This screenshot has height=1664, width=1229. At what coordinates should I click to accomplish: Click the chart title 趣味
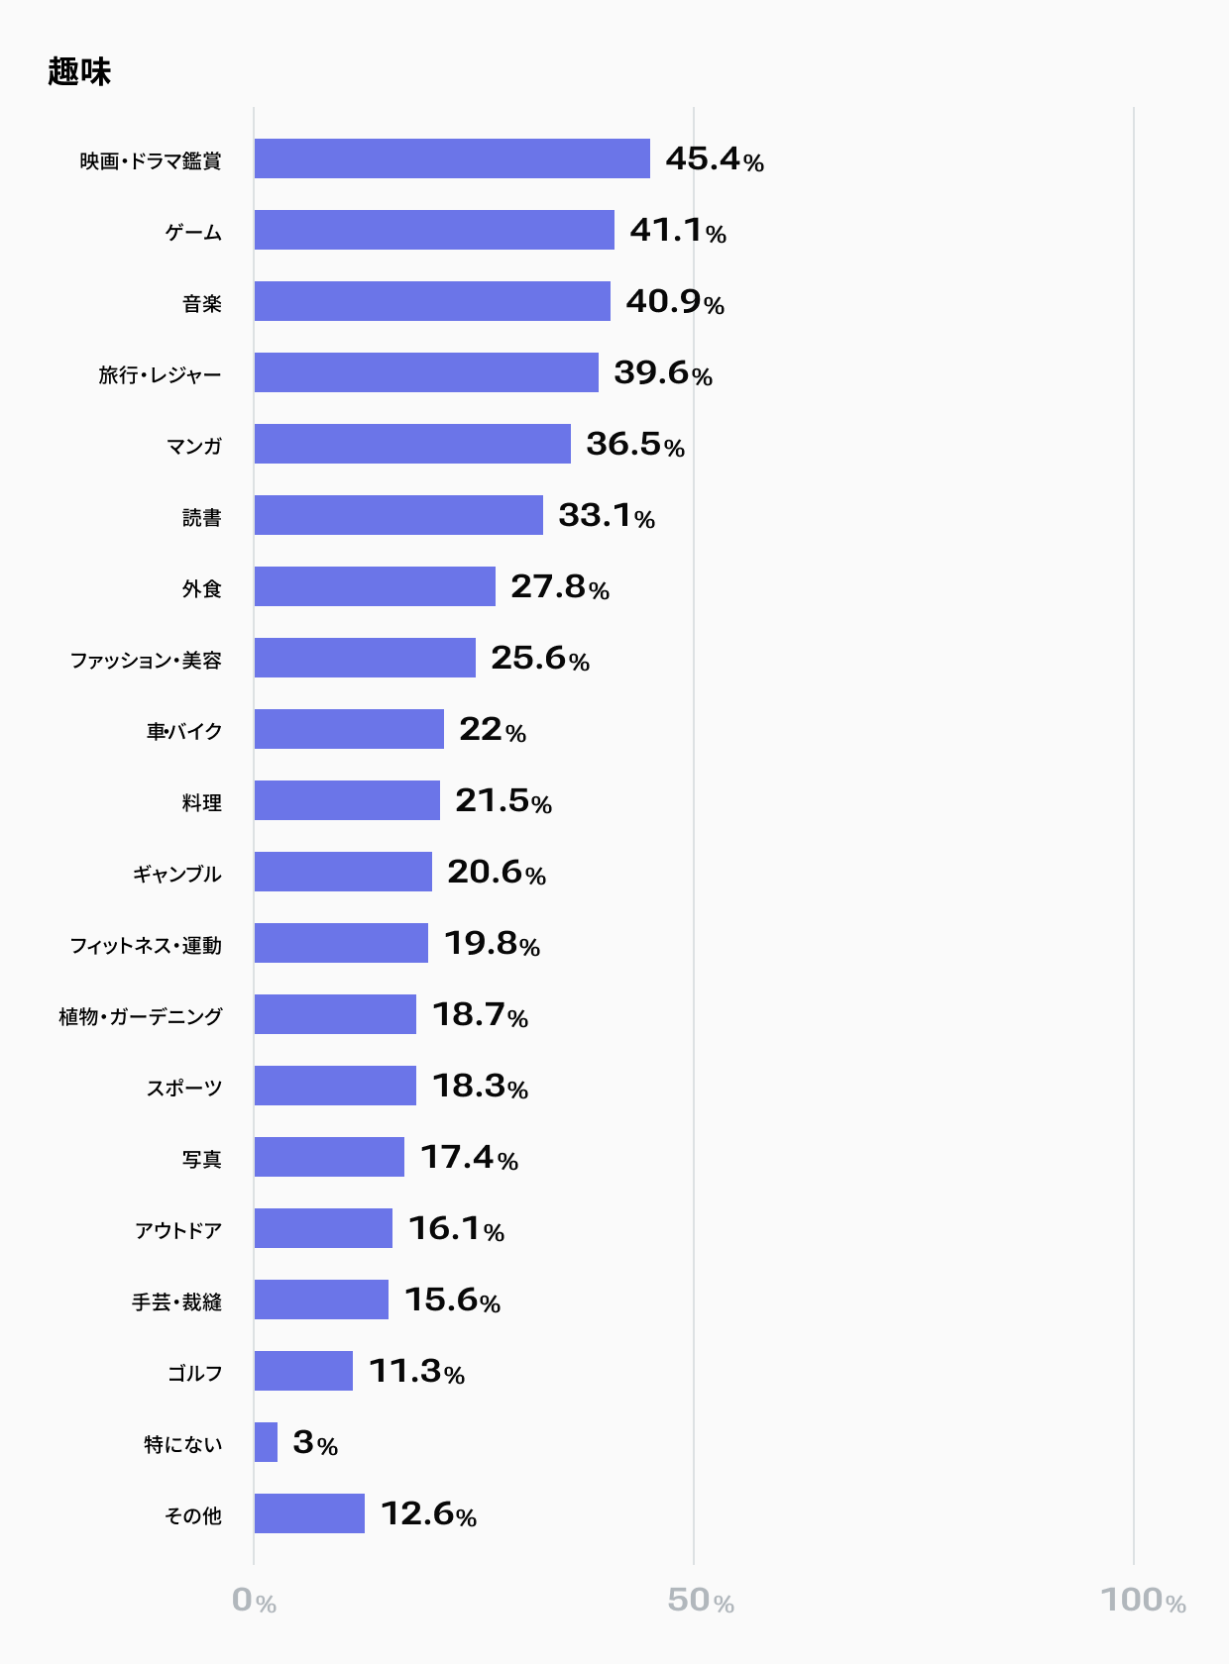pos(79,72)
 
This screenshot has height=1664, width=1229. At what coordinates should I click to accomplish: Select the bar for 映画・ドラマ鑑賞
pos(452,158)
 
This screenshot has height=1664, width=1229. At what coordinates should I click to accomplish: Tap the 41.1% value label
pos(678,231)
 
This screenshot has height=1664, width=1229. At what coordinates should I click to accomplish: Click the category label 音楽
pos(202,304)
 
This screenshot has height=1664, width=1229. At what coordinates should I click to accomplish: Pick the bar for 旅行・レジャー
pos(426,372)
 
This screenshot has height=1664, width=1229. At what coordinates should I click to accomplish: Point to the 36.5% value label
pos(635,444)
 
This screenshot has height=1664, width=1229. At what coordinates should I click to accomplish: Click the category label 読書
pos(202,518)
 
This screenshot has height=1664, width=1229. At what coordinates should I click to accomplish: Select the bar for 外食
pos(375,586)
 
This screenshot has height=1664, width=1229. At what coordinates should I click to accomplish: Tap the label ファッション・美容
pos(146,661)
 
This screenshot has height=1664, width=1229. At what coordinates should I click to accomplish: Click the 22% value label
pos(493,729)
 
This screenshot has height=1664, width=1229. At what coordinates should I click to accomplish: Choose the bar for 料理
pos(347,799)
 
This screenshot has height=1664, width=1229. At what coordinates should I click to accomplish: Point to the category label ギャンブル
pos(177,874)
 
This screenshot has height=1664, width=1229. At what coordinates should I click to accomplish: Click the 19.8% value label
pos(493,943)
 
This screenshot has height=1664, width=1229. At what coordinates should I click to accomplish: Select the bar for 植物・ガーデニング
pos(335,1014)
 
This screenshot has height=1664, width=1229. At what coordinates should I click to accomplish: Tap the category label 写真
pos(202,1159)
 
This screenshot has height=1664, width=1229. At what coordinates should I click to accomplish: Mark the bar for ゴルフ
pos(303,1371)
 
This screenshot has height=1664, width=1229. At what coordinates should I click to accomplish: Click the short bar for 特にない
pos(266,1442)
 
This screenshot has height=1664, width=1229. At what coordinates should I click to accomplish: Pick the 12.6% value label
pos(429,1514)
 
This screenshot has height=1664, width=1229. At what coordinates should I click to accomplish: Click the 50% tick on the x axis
pos(701,1601)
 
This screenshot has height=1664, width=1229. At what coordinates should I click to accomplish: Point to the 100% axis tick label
pos(1143,1601)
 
